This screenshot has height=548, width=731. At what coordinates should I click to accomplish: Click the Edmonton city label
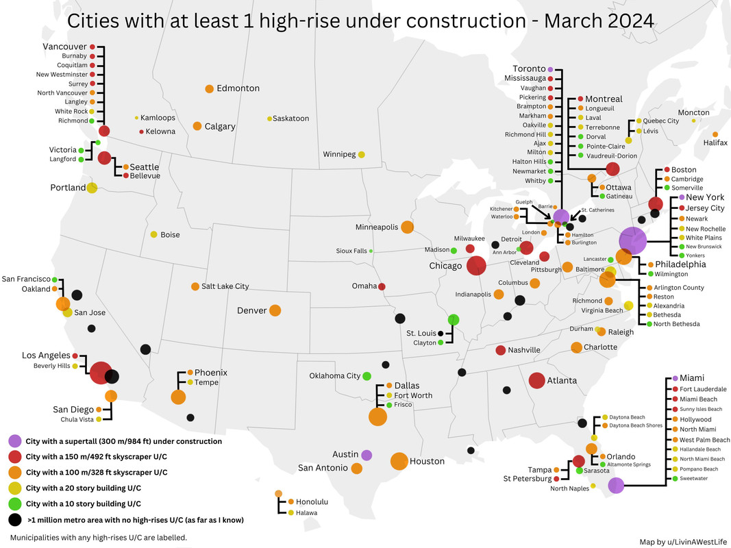pyautogui.click(x=238, y=88)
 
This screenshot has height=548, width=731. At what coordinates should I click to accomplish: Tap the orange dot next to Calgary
pyautogui.click(x=197, y=126)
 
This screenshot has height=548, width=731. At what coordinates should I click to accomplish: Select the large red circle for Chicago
pyautogui.click(x=477, y=266)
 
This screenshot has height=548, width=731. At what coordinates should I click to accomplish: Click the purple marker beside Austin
pyautogui.click(x=367, y=455)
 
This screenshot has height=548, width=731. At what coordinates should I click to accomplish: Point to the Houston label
pyautogui.click(x=427, y=462)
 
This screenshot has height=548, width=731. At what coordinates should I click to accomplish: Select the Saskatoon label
pyautogui.click(x=290, y=119)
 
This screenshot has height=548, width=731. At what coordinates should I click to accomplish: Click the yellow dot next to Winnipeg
pyautogui.click(x=361, y=154)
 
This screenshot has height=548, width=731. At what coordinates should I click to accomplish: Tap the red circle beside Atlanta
pyautogui.click(x=537, y=380)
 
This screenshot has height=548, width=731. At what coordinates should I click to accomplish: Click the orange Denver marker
pyautogui.click(x=275, y=310)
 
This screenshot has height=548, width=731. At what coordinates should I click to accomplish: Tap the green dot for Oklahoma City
pyautogui.click(x=367, y=376)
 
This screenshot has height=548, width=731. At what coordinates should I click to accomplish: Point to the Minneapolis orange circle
pyautogui.click(x=407, y=227)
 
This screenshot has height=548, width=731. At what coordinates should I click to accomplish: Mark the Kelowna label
pyautogui.click(x=162, y=132)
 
